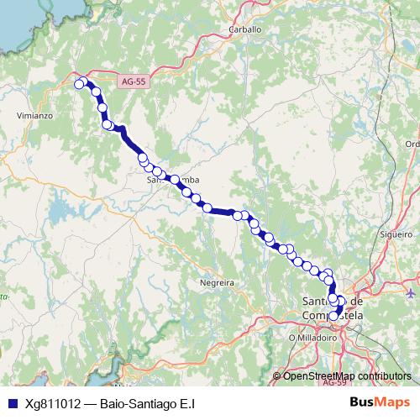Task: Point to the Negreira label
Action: tap(216, 284)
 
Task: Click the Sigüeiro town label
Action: tap(396, 234)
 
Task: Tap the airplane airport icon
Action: tap(410, 293)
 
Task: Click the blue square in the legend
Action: tap(12, 403)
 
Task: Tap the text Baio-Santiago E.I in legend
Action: tap(153, 403)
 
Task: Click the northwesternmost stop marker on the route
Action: tap(80, 83)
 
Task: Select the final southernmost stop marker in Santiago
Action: tap(335, 315)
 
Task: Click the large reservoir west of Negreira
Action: tap(60, 206)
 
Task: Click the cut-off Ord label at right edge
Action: tap(412, 144)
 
